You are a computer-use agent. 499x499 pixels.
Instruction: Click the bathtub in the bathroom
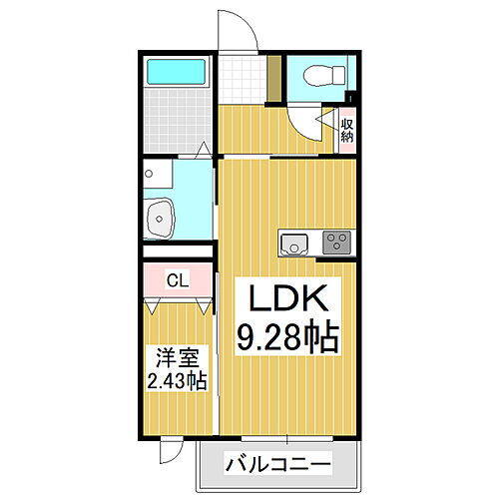(176, 71)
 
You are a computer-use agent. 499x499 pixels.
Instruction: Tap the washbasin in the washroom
(160, 219)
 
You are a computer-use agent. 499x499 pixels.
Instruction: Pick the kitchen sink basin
(295, 242)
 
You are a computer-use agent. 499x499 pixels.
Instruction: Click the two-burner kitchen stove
(337, 243)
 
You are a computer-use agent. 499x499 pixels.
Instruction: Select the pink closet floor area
(177, 280)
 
